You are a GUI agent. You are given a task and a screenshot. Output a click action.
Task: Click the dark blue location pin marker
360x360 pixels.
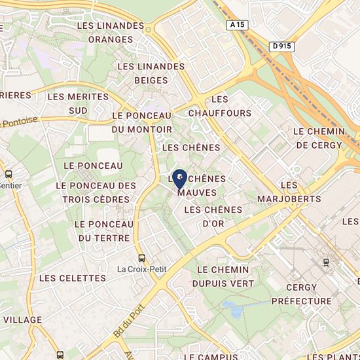(x=179, y=178)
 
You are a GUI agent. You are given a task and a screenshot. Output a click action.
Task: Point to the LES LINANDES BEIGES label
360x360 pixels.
(x=151, y=73)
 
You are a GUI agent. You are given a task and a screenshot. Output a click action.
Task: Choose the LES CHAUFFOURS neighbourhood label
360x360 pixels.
(x=220, y=106)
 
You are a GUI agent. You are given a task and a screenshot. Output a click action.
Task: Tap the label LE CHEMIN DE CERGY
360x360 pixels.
(x=319, y=137)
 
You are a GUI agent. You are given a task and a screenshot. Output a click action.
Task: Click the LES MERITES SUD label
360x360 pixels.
(x=78, y=103)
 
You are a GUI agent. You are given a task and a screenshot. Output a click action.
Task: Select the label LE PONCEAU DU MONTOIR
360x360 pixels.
(x=142, y=122)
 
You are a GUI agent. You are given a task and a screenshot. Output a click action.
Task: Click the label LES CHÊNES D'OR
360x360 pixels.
(x=213, y=217)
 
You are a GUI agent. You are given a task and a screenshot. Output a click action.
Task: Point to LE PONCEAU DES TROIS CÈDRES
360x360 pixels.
(x=96, y=192)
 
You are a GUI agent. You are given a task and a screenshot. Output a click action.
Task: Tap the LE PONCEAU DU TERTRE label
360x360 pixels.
(x=104, y=231)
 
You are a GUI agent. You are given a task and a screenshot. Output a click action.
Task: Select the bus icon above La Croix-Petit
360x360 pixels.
(x=142, y=257)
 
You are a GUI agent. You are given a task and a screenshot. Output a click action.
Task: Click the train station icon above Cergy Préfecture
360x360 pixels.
(x=326, y=262)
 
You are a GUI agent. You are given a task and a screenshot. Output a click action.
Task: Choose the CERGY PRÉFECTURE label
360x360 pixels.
(x=301, y=294)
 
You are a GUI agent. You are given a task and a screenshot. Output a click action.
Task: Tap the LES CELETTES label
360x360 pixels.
(x=72, y=278)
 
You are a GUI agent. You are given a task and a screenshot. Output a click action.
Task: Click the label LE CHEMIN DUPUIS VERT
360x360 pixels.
(x=223, y=276)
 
